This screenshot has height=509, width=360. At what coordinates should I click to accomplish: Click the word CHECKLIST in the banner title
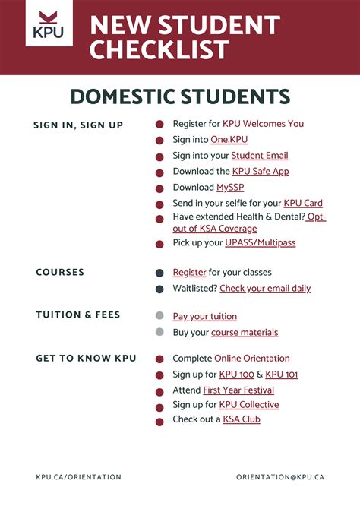tap(159, 50)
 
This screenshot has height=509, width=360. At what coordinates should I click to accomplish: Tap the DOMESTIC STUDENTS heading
tap(180, 96)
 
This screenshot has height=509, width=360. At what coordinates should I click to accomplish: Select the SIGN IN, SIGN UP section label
tap(78, 125)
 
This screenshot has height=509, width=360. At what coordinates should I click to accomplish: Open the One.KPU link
tap(229, 139)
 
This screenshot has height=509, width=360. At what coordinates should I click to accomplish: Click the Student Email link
tap(260, 156)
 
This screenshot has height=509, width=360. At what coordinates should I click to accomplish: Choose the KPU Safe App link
tap(261, 172)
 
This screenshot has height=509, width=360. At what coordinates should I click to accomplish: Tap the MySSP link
tap(230, 188)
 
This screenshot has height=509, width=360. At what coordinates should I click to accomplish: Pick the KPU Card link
tap(303, 204)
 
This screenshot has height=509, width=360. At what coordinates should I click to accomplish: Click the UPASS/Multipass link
tap(261, 243)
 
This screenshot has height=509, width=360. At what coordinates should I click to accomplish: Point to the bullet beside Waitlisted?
tap(159, 289)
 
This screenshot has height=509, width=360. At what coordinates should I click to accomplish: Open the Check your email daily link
tap(265, 289)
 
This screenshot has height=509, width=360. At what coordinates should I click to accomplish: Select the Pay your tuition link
tap(204, 316)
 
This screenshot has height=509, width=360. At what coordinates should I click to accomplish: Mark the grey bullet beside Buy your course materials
tap(159, 332)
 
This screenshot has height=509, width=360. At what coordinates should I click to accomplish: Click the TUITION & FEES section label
tap(78, 315)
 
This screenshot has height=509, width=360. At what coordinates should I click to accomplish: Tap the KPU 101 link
tap(282, 375)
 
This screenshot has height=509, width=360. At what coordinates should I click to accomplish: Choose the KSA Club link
tap(242, 419)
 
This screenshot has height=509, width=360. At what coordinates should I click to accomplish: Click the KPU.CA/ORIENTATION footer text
tap(78, 477)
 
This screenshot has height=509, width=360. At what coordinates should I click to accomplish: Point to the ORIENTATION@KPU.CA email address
tap(280, 477)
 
